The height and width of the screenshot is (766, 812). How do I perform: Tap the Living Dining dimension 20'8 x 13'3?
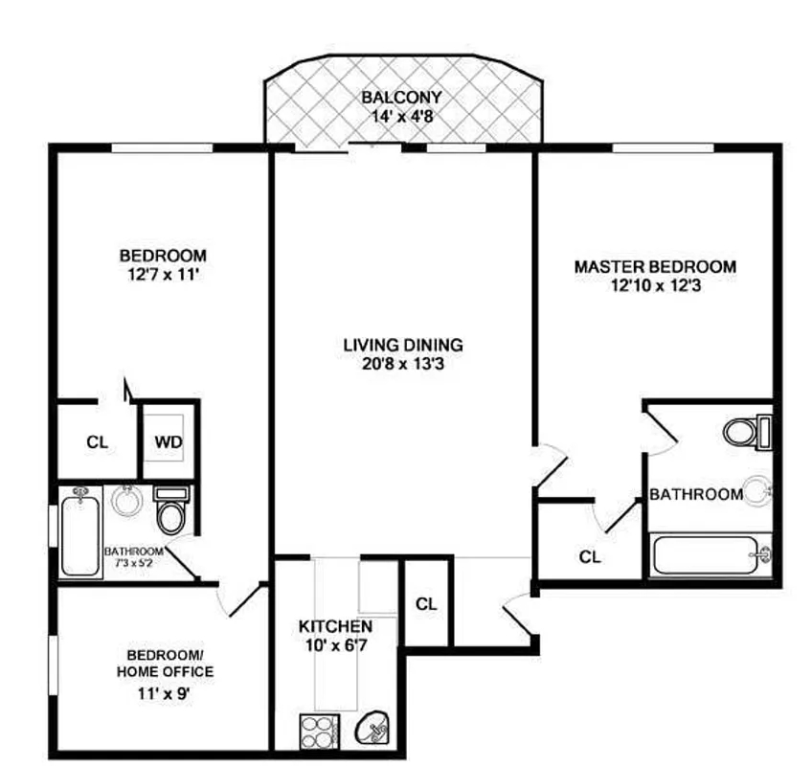point(403,363)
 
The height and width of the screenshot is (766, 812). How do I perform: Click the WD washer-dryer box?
point(169,441)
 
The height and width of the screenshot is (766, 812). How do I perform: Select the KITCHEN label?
point(335,625)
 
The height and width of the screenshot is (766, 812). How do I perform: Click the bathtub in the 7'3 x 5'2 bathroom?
point(80,531)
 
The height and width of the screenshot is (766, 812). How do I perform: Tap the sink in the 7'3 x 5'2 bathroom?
point(125,500)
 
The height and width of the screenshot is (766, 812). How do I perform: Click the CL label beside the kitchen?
point(426,604)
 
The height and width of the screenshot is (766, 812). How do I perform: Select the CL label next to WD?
point(98,442)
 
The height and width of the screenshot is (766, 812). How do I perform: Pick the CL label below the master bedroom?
point(590,556)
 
